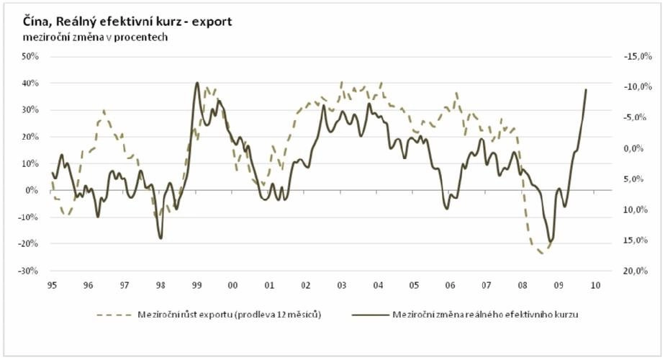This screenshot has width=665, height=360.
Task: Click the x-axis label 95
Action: (52, 285)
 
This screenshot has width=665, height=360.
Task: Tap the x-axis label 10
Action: (594, 285)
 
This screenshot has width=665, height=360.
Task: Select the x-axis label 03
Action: (341, 285)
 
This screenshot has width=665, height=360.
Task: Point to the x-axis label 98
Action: (160, 285)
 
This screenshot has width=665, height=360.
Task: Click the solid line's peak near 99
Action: (197, 83)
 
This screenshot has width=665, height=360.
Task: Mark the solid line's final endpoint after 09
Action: (586, 90)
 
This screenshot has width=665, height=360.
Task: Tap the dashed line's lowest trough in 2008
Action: (541, 253)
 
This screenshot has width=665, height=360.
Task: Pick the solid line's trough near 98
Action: (160, 238)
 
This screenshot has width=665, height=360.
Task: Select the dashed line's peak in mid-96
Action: (104, 111)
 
